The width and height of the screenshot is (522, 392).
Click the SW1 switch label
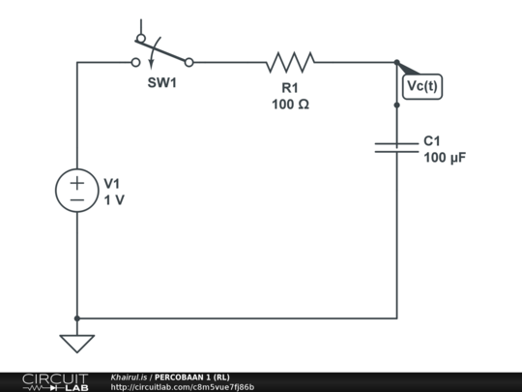coord(162,83)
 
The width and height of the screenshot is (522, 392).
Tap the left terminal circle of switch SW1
coord(135,62)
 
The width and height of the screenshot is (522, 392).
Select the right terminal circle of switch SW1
coord(188,62)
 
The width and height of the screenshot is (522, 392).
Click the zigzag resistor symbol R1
coord(290,62)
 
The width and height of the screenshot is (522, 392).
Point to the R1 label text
coord(290,87)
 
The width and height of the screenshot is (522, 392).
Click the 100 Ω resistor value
coord(290,104)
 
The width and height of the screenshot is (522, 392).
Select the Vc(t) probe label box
coord(421,85)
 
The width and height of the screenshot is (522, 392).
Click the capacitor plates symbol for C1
coord(396,146)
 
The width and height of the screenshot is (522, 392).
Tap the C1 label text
coord(433,140)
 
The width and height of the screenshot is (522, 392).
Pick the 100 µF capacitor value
coord(445,157)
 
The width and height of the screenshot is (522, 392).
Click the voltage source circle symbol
coord(76,190)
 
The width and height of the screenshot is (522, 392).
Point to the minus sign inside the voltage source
coord(76,199)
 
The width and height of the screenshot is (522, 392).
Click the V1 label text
coord(112,183)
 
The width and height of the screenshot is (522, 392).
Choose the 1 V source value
coord(113,199)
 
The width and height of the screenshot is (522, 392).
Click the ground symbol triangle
coord(76,343)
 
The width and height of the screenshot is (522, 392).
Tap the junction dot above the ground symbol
coord(76,317)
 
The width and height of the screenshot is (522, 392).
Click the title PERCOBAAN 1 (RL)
coord(192,377)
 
